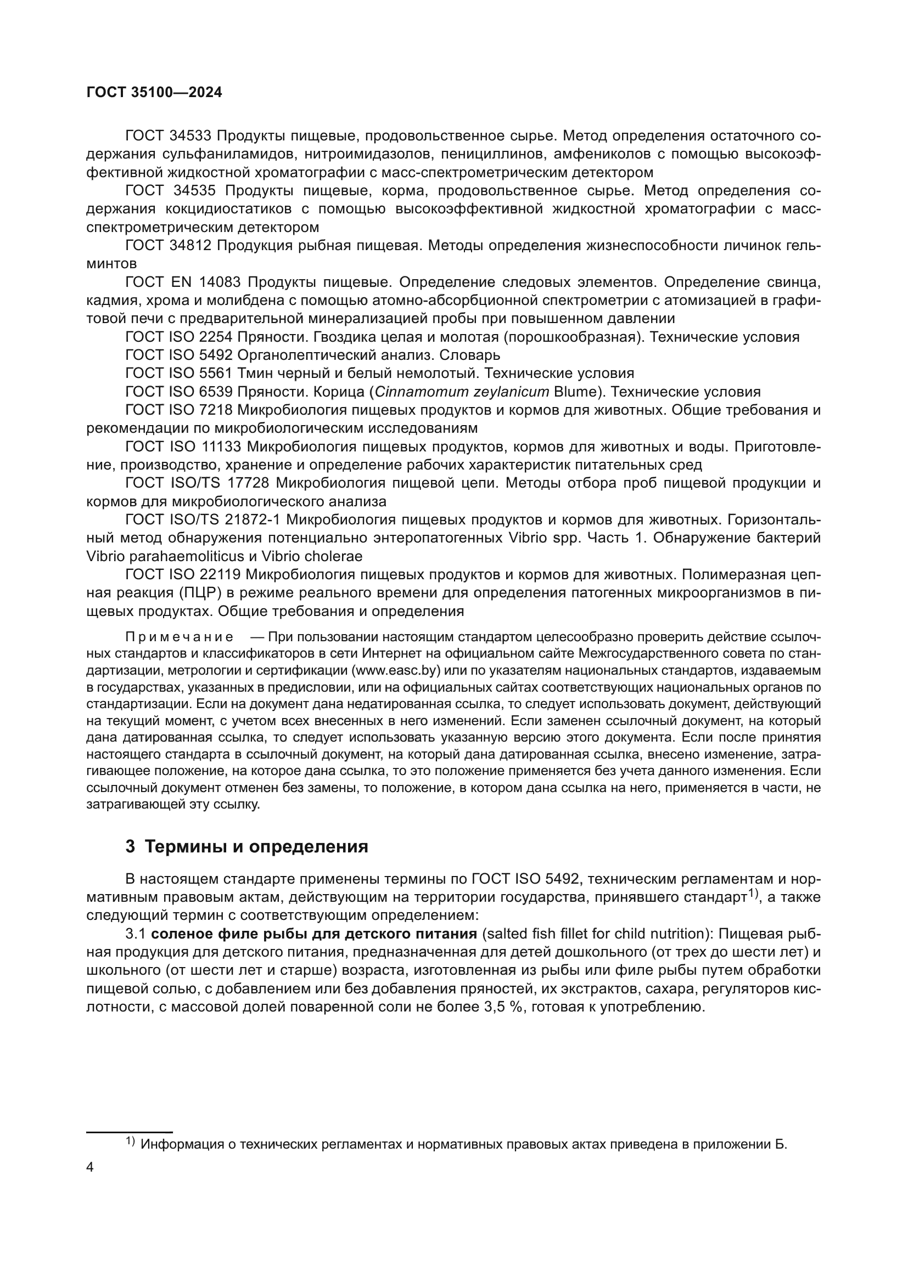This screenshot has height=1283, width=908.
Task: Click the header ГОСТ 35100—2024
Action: click(x=154, y=93)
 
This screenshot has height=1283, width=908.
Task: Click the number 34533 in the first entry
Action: click(x=191, y=136)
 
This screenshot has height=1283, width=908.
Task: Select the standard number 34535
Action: click(x=194, y=191)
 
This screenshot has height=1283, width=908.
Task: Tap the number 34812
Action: click(x=190, y=246)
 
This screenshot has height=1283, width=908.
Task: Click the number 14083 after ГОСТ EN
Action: click(x=222, y=282)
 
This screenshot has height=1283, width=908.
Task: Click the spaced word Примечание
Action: click(x=179, y=637)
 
